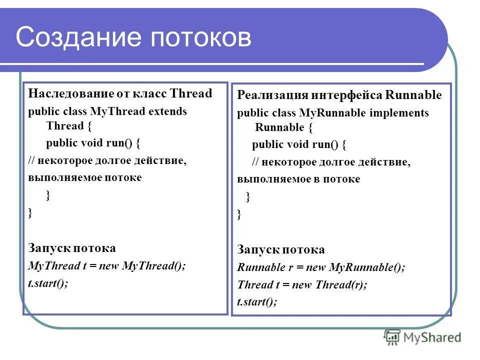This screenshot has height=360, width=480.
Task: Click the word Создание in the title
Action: point(80,38)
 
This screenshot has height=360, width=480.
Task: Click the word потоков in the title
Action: point(200,38)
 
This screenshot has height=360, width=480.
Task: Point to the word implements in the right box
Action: point(399,113)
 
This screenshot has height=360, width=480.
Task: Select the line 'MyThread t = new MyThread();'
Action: point(106,266)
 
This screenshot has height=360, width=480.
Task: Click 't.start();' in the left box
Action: point(48,282)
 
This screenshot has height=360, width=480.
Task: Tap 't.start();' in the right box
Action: point(257,301)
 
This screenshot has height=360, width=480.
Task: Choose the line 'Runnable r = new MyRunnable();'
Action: point(321,267)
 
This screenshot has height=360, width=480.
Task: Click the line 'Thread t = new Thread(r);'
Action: point(302,285)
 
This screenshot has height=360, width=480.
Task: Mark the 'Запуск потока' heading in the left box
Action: point(72,248)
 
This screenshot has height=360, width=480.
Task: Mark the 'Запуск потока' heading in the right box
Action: point(281,250)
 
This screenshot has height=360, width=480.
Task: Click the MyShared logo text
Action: point(433,337)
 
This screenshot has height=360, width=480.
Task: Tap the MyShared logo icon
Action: point(392,337)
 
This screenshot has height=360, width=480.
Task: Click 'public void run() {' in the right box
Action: point(299,145)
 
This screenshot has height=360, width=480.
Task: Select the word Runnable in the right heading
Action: point(414,95)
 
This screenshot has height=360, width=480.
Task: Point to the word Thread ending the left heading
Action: point(191,93)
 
